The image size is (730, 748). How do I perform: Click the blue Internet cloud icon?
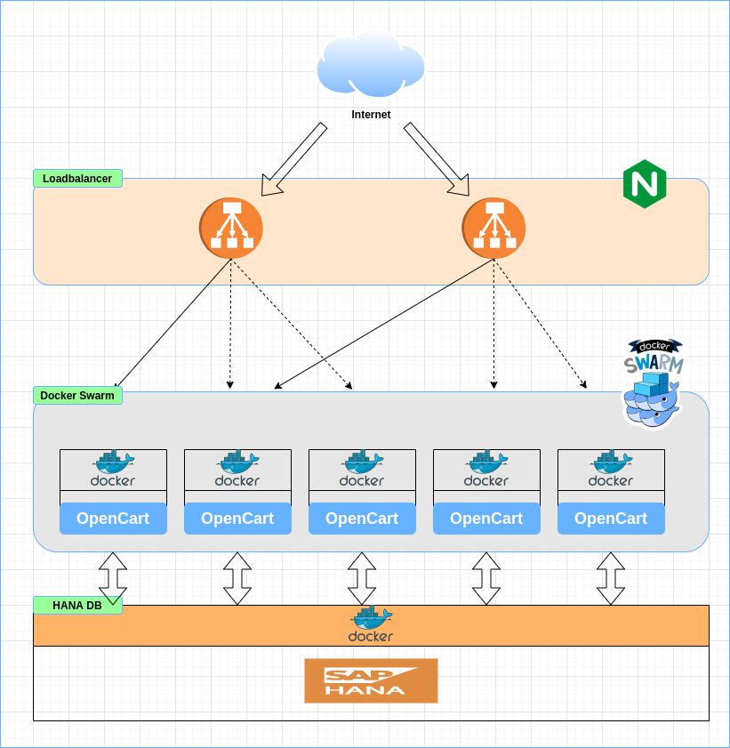point(371,64)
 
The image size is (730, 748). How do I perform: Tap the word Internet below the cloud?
point(371,115)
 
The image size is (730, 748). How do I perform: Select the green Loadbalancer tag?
point(77,179)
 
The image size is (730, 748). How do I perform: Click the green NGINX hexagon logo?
point(645,184)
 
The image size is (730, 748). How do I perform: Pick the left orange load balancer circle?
point(231,229)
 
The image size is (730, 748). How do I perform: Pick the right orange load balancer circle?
point(493,229)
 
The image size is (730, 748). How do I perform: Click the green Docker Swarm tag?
point(77,396)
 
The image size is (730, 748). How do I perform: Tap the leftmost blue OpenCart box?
point(113,519)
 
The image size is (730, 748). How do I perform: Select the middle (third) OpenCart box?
point(362,519)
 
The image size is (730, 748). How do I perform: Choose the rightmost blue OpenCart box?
point(611,519)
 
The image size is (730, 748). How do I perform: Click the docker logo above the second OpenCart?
point(237,469)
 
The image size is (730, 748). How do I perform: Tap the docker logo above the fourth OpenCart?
point(486,469)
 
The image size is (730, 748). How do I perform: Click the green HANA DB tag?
point(77,605)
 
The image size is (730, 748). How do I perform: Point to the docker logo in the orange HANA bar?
point(371,624)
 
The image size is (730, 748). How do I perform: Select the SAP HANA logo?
point(371,680)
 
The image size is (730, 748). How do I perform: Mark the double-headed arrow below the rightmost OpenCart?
point(611,578)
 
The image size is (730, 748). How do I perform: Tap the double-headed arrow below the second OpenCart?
point(237,578)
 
